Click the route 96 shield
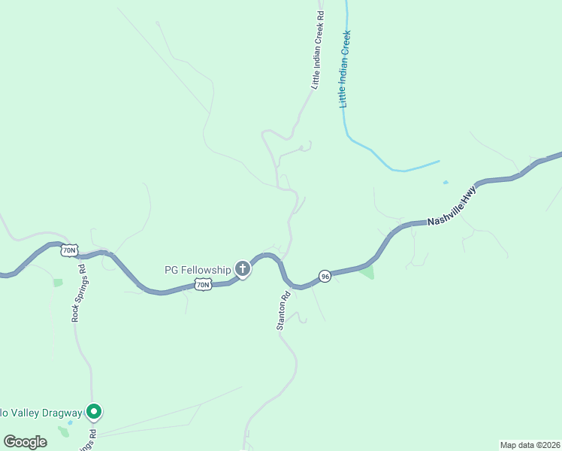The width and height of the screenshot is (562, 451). [325, 276]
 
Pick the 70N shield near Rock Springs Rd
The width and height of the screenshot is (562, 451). [69, 250]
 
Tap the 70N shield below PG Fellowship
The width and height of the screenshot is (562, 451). [203, 284]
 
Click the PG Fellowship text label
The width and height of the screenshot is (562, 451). [198, 269]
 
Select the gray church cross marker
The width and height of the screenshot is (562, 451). [242, 268]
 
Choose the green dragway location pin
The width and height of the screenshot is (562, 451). [93, 411]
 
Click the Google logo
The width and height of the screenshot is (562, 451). [25, 442]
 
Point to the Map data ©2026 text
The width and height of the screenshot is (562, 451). [530, 445]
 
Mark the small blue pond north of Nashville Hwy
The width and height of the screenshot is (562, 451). [446, 182]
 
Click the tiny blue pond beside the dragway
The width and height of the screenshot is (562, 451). [70, 422]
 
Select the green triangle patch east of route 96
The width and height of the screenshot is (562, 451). [367, 272]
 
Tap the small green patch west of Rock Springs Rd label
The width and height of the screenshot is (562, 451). [58, 283]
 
